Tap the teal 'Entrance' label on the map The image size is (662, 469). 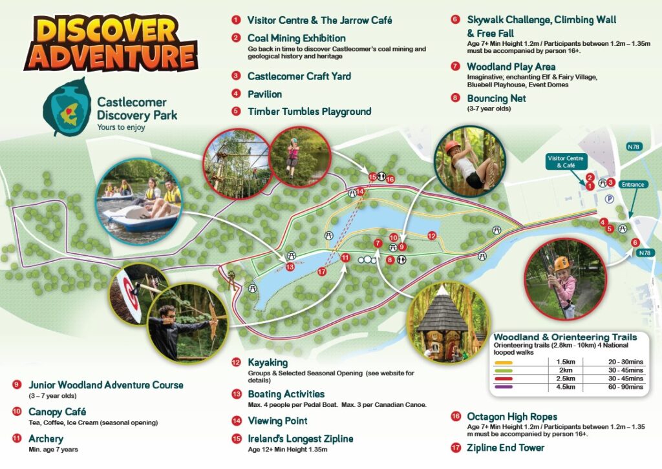tap(632, 185)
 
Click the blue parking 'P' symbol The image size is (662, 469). tap(608, 200)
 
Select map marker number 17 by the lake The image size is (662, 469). tap(322, 271)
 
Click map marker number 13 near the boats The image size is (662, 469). tap(290, 267)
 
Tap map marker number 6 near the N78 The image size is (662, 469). tap(635, 242)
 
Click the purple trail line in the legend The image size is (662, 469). tap(504, 387)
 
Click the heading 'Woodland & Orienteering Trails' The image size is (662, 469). tap(565, 337)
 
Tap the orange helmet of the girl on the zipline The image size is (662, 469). tap(561, 264)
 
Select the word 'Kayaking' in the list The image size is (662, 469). tap(268, 363)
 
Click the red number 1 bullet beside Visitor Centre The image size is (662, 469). tap(237, 20)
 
